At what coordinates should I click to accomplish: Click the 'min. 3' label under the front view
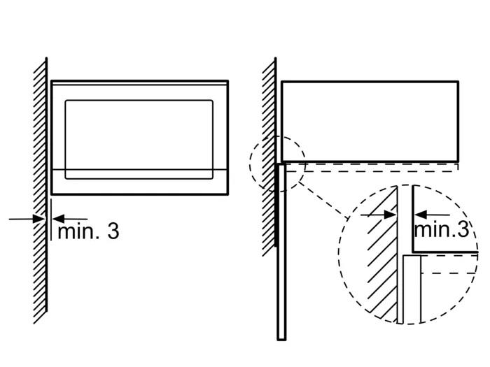coord(88,231)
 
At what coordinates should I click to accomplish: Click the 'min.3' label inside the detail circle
coord(442,229)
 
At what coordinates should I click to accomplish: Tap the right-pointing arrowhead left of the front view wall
coord(39,219)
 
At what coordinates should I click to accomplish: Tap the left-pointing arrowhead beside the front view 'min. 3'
coord(58,219)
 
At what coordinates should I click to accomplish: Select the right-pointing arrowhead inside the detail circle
coord(391,215)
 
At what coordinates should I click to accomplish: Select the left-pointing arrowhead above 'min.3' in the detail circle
coord(421,215)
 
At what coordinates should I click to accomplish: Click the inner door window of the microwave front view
coord(139,140)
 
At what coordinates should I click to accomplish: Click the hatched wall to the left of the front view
coord(41,190)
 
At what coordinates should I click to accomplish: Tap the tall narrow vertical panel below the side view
coord(281,251)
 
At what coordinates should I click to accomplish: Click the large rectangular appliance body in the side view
coord(370,122)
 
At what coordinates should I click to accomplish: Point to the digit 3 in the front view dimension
coord(113,231)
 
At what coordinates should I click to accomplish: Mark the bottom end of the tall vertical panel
coord(281,340)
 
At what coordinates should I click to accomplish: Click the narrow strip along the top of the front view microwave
coord(140,82)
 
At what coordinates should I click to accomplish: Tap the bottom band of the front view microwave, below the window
coord(140,182)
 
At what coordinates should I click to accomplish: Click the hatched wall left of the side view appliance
coord(269,156)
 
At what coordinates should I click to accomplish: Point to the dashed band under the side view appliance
coord(372,167)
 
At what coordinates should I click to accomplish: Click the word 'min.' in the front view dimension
coord(78,231)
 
